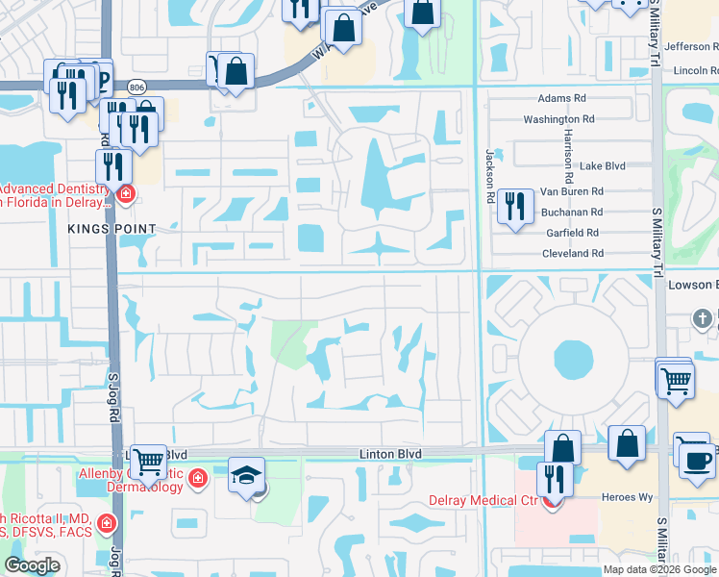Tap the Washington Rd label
pyautogui.click(x=558, y=119)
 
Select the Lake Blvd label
pyautogui.click(x=602, y=165)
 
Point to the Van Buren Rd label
pyautogui.click(x=571, y=191)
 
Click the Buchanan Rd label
pyautogui.click(x=571, y=212)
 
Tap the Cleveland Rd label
pyautogui.click(x=571, y=253)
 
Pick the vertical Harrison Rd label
pyautogui.click(x=569, y=156)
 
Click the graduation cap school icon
pyautogui.click(x=246, y=475)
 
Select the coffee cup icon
pyautogui.click(x=697, y=459)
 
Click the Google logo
pyautogui.click(x=33, y=565)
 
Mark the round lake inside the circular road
pyautogui.click(x=574, y=361)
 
